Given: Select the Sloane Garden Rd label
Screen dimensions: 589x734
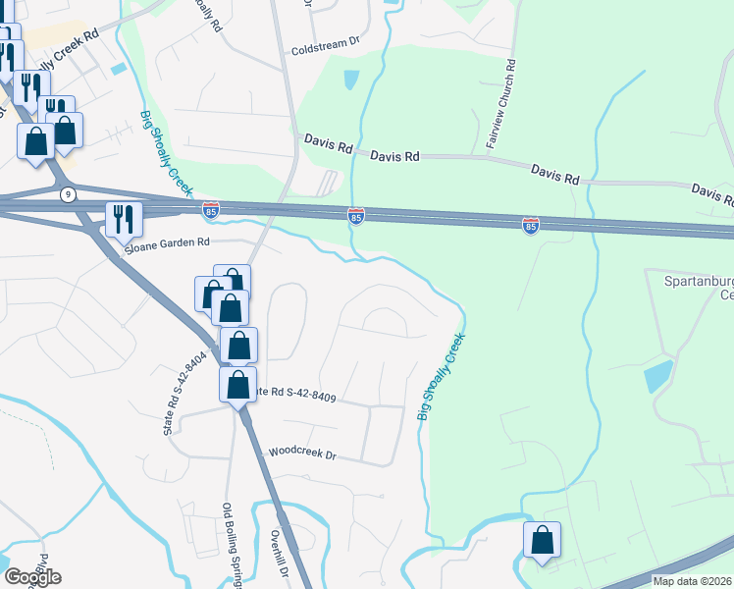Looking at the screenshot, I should pyautogui.click(x=168, y=242).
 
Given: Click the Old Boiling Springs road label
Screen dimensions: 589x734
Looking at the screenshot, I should pyautogui.click(x=234, y=545).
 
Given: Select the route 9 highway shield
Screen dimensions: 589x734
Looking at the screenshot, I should pyautogui.click(x=67, y=193).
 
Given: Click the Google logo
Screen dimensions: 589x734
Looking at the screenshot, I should pyautogui.click(x=31, y=577).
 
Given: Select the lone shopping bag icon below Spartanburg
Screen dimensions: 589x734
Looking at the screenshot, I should pyautogui.click(x=542, y=540).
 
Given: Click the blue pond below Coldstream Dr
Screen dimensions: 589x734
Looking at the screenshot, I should pyautogui.click(x=350, y=80).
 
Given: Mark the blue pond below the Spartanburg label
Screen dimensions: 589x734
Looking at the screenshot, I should pyautogui.click(x=658, y=376).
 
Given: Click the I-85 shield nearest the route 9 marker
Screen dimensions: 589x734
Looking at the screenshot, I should pyautogui.click(x=211, y=209).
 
